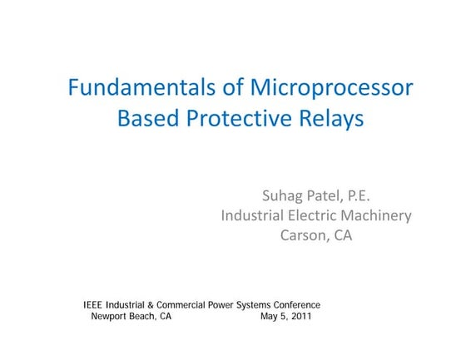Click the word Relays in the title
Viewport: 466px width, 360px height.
[333, 118]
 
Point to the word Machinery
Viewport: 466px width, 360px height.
[379, 215]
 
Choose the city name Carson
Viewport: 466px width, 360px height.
[305, 235]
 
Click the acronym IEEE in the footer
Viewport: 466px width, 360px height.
[94, 305]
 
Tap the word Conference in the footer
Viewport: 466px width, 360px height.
[296, 305]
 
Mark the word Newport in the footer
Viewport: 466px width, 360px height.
[108, 317]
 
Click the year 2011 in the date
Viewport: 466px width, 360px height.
[300, 317]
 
